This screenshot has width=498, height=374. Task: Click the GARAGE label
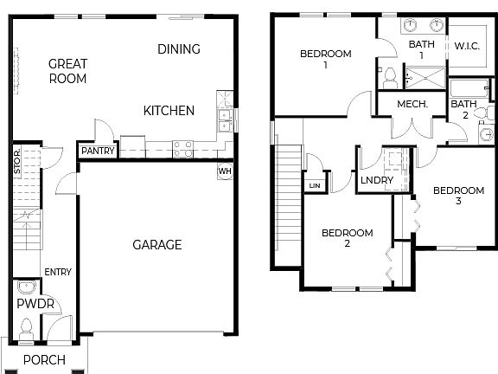pos(156,245)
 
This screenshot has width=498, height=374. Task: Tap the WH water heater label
pos(225,171)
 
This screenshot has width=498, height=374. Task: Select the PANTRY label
pos(97,151)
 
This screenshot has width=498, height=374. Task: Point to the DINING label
pos(179,49)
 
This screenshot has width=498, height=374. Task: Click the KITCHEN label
pos(169,111)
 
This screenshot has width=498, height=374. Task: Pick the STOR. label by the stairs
pos(17,164)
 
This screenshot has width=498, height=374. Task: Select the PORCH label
pos(44,359)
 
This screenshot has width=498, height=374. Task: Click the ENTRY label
pos(57,272)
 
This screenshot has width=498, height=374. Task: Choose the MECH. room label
pos(413,104)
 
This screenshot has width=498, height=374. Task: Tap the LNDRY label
pos(377,180)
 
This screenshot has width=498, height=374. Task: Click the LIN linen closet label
pos(313,186)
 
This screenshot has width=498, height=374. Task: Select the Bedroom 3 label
pos(458,196)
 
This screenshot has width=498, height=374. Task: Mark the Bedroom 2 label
pos(348,238)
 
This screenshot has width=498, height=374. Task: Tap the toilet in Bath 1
pos(390,77)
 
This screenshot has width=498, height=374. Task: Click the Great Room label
pos(67,70)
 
